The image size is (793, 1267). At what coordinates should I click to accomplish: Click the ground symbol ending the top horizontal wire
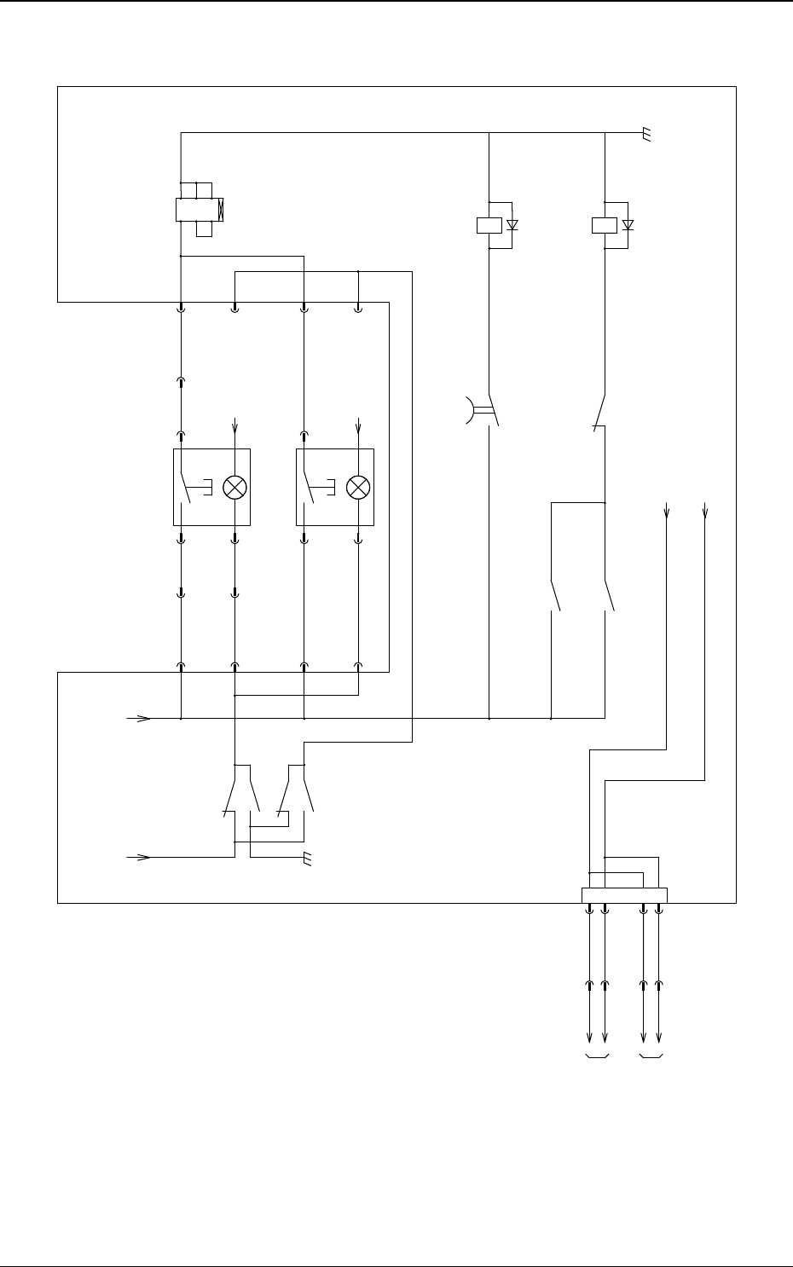click(647, 135)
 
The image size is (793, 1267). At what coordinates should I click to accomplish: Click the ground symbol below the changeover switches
click(309, 859)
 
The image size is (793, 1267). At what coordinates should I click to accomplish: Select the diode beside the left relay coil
click(512, 225)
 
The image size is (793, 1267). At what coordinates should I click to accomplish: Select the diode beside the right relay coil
click(628, 225)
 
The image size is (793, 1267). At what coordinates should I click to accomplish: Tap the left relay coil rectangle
click(488, 225)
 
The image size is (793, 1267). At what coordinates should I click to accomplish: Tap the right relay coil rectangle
click(604, 225)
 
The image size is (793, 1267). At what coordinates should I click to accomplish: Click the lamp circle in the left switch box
click(234, 487)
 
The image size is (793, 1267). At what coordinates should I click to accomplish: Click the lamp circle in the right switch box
click(358, 487)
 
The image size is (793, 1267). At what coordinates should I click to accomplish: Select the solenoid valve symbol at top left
click(198, 209)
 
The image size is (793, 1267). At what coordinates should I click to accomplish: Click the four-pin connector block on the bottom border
click(624, 895)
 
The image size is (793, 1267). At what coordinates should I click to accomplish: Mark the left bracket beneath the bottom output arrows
click(597, 1058)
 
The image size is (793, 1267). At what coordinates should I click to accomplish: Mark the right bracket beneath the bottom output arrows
click(652, 1058)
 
